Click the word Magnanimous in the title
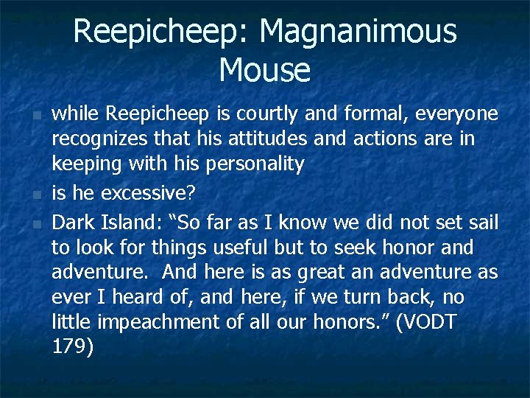click(x=358, y=32)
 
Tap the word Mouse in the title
click(x=264, y=70)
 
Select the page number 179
click(x=72, y=347)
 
